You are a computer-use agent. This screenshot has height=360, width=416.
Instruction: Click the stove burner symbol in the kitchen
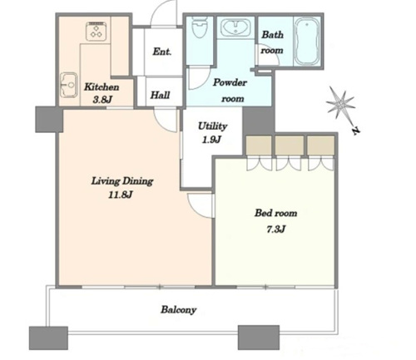pyautogui.click(x=96, y=32)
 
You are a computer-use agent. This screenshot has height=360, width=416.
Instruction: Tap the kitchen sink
pyautogui.click(x=68, y=85)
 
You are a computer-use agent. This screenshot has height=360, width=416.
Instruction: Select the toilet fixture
pyautogui.click(x=200, y=27)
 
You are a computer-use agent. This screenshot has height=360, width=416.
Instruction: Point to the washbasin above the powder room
pyautogui.click(x=235, y=27)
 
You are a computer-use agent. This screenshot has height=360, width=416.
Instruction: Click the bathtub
pyautogui.click(x=307, y=42)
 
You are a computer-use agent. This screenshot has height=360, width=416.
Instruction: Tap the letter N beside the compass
pyautogui.click(x=355, y=131)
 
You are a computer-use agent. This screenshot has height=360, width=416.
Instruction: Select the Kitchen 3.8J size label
pyautogui.click(x=102, y=100)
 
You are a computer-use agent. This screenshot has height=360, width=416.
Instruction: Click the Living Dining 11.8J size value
pyautogui.click(x=121, y=195)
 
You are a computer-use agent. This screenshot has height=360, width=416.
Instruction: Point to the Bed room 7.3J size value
pyautogui.click(x=275, y=229)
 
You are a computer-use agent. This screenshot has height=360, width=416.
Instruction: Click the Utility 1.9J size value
pyautogui.click(x=211, y=140)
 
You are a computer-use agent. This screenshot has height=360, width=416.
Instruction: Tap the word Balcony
pyautogui.click(x=179, y=309)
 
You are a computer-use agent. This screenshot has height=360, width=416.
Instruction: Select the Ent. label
pyautogui.click(x=162, y=52)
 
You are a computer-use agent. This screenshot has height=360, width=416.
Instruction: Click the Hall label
pyautogui.click(x=160, y=95)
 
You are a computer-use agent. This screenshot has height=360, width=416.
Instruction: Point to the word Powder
pyautogui.click(x=230, y=82)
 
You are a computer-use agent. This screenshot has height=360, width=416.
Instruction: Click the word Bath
pyautogui.click(x=273, y=35)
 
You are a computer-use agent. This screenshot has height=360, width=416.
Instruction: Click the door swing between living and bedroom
pyautogui.click(x=201, y=205)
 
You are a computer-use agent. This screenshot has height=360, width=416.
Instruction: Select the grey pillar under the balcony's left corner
pyautogui.click(x=48, y=338)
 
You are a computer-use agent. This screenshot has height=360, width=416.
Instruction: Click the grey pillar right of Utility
pyautogui.click(x=259, y=121)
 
